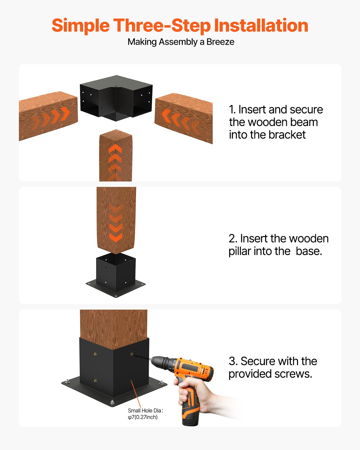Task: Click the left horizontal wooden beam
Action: point(48,115)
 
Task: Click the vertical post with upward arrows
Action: point(115,156)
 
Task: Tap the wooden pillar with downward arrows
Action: point(116,219)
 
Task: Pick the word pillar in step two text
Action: point(240,251)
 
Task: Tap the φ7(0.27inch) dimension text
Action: point(143,417)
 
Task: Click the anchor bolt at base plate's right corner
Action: point(162,383)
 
